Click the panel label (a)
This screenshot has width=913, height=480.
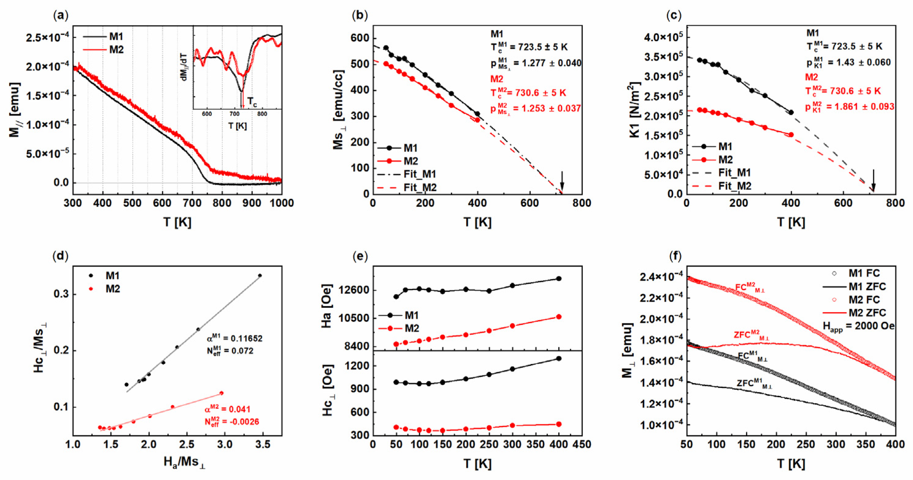pyautogui.click(x=60, y=15)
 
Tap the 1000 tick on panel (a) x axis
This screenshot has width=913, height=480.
pyautogui.click(x=281, y=203)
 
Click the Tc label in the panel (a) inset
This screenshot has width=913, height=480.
pyautogui.click(x=252, y=102)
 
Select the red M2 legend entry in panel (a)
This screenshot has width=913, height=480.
pyautogui.click(x=116, y=50)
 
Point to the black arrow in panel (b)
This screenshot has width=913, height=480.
pyautogui.click(x=562, y=181)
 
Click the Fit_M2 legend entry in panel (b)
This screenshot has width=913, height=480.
pyautogui.click(x=420, y=187)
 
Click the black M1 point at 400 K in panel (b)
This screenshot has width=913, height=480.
pyautogui.click(x=478, y=114)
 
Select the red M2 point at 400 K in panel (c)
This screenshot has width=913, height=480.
pyautogui.click(x=791, y=135)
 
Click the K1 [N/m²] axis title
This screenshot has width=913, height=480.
pyautogui.click(x=636, y=110)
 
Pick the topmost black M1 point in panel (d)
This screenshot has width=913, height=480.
pyautogui.click(x=260, y=276)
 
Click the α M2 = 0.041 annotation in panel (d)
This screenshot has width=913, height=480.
pyautogui.click(x=227, y=409)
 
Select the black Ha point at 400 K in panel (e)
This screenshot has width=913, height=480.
pyautogui.click(x=559, y=279)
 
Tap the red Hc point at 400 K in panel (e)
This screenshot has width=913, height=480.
pyautogui.click(x=559, y=424)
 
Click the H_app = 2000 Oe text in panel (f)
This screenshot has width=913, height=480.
pyautogui.click(x=858, y=327)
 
